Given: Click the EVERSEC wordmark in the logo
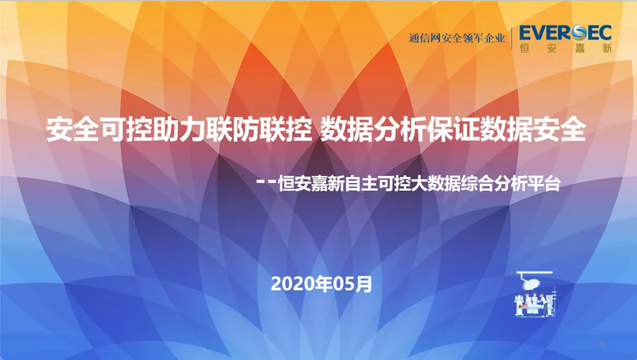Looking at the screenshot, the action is (x=565, y=33).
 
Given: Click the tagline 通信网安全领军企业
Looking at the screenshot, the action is (x=457, y=38).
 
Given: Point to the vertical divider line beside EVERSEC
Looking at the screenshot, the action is (x=512, y=38).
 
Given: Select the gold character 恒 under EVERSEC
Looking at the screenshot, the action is (x=524, y=48).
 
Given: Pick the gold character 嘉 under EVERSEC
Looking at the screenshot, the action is (x=580, y=48).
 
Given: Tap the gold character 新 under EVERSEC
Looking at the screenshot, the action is (x=607, y=48).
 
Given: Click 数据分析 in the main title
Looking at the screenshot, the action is (x=373, y=129).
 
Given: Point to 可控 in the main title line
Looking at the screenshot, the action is (x=126, y=129).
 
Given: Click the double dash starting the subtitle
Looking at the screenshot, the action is (x=266, y=182).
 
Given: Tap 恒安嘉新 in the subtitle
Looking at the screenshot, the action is (x=311, y=184).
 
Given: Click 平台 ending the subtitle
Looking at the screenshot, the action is (x=544, y=184).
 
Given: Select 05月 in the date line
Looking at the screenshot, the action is (x=353, y=284).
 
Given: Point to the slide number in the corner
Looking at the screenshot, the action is (x=602, y=344).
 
